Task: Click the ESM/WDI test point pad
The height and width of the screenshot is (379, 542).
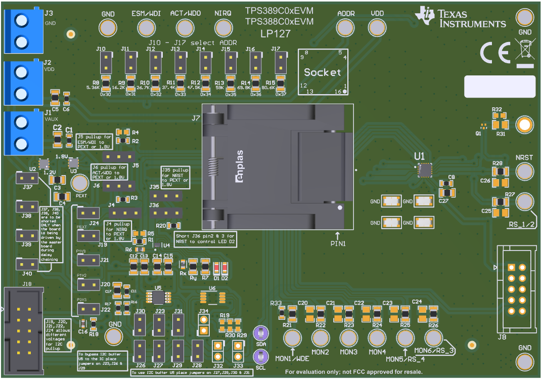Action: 146,28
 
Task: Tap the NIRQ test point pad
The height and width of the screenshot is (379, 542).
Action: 223,28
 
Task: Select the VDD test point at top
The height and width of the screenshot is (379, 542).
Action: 377,27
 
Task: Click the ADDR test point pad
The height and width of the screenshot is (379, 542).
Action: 346,27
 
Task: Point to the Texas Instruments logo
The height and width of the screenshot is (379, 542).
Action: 460,18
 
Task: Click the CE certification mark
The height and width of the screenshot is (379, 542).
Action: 495,53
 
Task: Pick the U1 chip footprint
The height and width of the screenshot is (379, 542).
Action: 425,170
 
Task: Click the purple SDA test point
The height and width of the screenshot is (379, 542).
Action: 261,333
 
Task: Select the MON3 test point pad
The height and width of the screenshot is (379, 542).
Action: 348,338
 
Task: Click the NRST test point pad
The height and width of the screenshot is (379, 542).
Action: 524,172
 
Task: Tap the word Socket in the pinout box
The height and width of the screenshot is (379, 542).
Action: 322,72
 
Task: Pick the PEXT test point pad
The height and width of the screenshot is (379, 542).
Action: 79,182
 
